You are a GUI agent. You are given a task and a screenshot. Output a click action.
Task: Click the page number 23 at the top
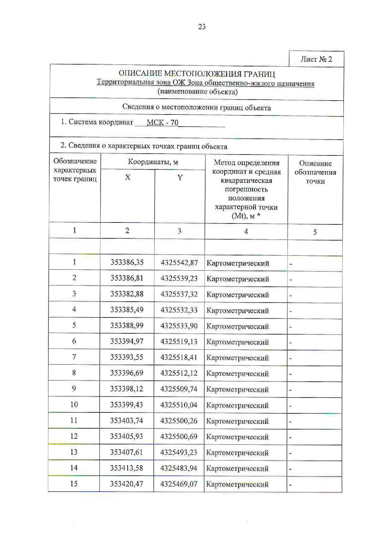coord(202,27)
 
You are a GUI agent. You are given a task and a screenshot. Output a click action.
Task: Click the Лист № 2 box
coord(316,59)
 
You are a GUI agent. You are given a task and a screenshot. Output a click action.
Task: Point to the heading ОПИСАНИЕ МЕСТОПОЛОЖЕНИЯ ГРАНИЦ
coord(197,74)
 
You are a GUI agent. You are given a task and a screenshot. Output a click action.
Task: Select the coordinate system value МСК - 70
coord(162,123)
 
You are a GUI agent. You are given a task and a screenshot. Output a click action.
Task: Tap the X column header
coord(128,177)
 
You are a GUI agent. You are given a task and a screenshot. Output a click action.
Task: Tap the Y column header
coord(180,178)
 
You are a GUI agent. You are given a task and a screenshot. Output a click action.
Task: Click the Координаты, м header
coord(153,162)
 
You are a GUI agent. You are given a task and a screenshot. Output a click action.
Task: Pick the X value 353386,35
coord(127,262)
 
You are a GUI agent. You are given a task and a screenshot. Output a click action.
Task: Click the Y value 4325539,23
coord(179,278)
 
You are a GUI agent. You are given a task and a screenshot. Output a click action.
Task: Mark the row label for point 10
coord(74,404)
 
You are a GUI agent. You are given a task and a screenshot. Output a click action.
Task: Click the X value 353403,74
coord(126,420)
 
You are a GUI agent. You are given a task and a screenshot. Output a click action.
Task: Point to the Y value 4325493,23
coord(179,452)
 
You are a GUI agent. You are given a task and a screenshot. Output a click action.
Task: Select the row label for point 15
coord(74,483)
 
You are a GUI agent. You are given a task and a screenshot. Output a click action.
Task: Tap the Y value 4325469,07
coord(179,484)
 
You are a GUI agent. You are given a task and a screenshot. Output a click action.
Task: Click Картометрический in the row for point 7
coord(238,358)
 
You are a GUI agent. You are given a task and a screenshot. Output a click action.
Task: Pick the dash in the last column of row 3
coord(291,295)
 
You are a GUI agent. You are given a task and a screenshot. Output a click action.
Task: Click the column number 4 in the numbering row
coord(246,231)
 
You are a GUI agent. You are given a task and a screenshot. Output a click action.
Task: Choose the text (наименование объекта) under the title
coord(197,92)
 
